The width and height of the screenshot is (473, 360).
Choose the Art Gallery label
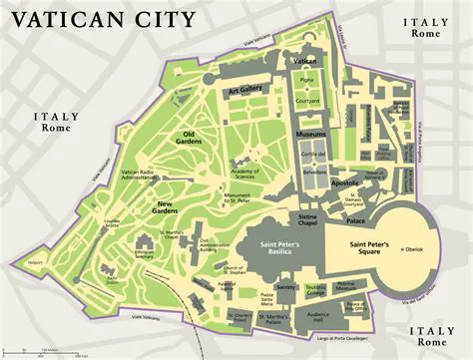point(244,90)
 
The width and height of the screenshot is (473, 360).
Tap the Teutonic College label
point(316,291)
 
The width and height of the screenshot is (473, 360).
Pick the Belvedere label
point(314,172)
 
